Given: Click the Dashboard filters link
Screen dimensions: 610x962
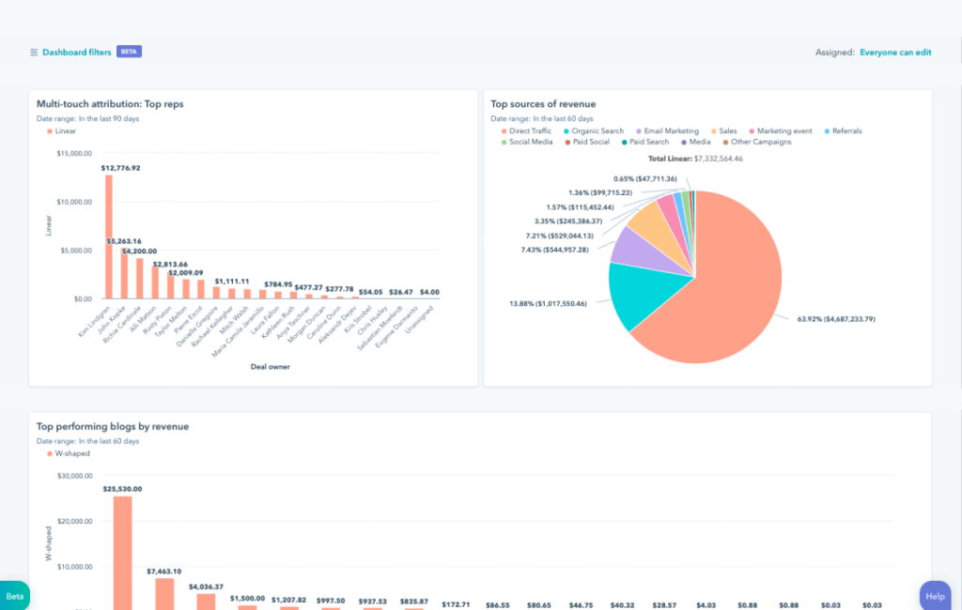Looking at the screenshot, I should tap(76, 53).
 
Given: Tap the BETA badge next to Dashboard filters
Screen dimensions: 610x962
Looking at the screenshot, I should tap(129, 53).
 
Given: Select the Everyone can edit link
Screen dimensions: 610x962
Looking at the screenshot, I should tap(895, 53).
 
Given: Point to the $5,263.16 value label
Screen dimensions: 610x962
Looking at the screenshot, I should tap(123, 241).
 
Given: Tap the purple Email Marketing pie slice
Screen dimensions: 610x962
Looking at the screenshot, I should tap(628, 246).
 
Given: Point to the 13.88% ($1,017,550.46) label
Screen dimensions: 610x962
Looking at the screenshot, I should tap(549, 304).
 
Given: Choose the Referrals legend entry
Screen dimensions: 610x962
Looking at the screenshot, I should tap(843, 131).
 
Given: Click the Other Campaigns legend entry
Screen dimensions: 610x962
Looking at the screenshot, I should tap(760, 143).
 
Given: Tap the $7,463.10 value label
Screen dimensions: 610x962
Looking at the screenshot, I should tap(164, 571).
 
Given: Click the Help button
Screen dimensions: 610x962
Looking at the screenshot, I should tap(935, 596).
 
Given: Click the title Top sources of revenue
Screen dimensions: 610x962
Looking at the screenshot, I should tap(543, 104).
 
